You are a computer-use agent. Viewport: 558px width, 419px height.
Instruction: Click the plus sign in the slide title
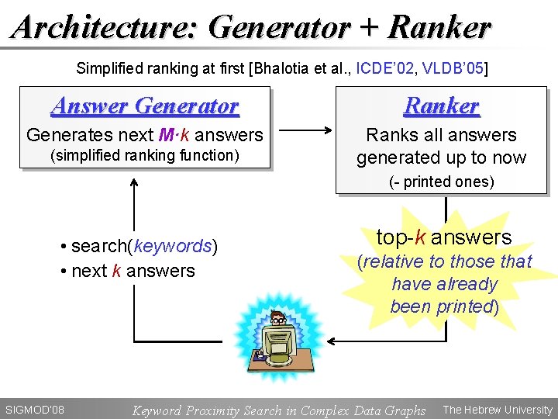click(370, 28)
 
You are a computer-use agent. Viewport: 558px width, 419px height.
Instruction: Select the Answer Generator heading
click(145, 105)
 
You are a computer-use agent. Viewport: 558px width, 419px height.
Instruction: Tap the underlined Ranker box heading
click(442, 106)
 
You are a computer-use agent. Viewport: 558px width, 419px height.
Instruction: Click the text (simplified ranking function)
click(145, 155)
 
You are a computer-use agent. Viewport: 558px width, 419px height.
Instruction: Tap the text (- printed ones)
click(441, 182)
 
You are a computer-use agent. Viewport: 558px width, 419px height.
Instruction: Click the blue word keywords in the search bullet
click(172, 247)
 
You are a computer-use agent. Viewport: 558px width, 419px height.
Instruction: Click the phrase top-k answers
click(444, 237)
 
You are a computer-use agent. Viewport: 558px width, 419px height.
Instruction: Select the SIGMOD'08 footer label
click(34, 410)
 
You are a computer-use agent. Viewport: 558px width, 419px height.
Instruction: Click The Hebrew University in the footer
click(497, 410)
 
